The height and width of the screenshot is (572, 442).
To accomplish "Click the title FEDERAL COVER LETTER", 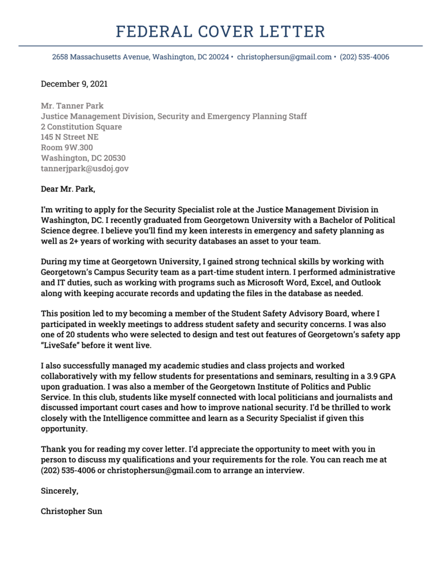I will tap(220, 31).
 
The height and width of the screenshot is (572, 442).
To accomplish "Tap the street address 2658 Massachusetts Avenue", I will tap(101, 57).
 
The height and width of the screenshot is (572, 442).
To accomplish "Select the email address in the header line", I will tap(284, 57).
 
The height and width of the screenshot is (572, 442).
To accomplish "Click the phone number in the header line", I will tap(364, 57).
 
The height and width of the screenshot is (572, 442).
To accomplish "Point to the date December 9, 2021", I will tap(74, 84).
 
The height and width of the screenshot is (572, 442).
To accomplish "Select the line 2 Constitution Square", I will tap(81, 127).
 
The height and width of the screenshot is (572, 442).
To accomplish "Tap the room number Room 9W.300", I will tap(67, 147).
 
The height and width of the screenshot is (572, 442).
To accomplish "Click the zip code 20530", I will tap(112, 158).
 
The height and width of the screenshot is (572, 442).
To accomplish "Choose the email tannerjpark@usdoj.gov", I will tap(85, 169).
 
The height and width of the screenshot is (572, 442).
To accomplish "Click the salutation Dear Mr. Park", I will tap(68, 189).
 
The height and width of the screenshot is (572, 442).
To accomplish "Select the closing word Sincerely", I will tap(59, 491).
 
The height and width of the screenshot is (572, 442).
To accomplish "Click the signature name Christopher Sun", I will tap(71, 511).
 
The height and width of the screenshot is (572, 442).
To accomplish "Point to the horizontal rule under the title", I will tap(220, 46).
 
